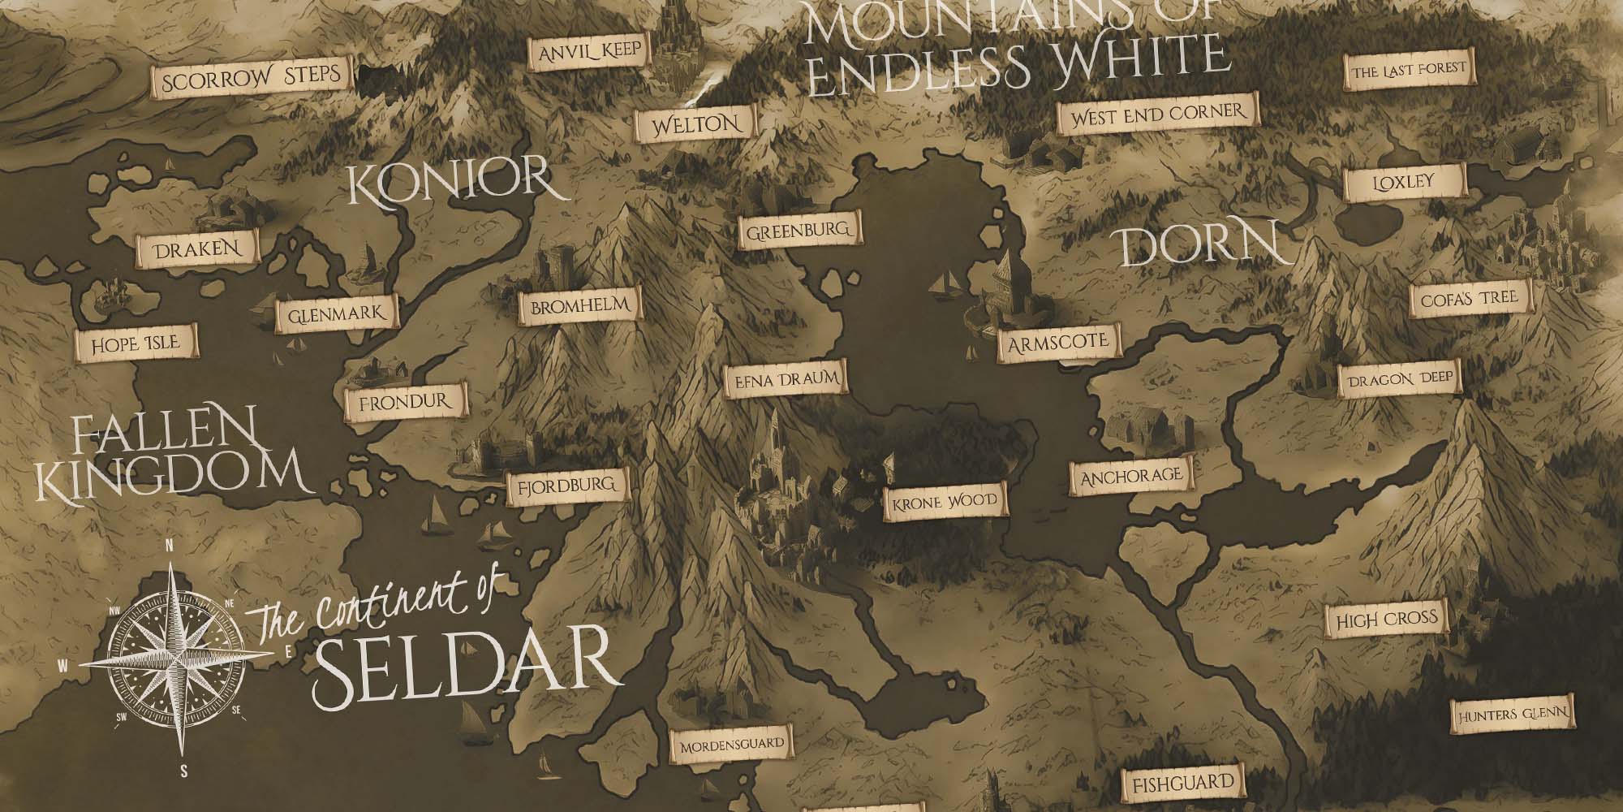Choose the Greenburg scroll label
[798, 231]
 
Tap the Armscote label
[1057, 341]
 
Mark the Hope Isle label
[136, 344]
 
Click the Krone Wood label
[942, 501]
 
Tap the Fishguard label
[1182, 783]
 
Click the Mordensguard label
[731, 745]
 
